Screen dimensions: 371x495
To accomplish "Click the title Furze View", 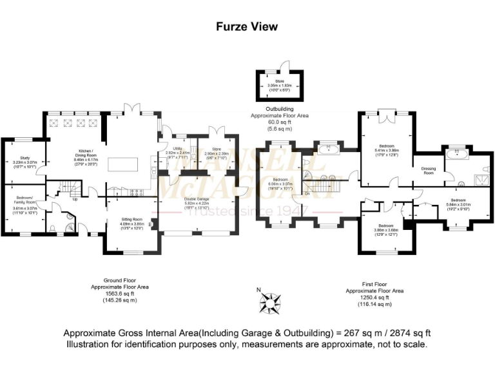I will point(247,26).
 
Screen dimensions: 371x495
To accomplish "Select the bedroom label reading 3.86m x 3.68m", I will point(387,227).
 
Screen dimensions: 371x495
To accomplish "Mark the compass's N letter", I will point(259,290).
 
